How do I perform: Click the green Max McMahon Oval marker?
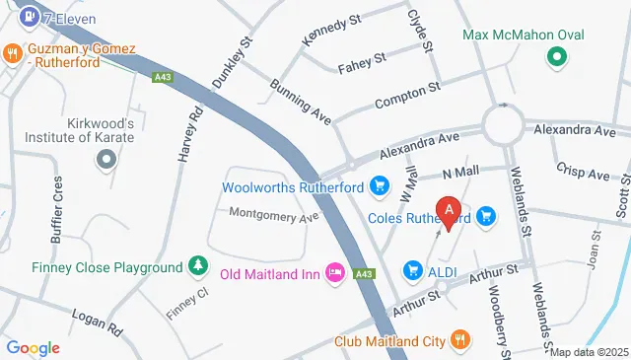(x=556, y=55)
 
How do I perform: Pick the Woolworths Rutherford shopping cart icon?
(x=378, y=184)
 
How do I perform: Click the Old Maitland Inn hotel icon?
(x=333, y=273)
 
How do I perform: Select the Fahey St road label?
(x=361, y=67)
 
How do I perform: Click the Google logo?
(x=33, y=347)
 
